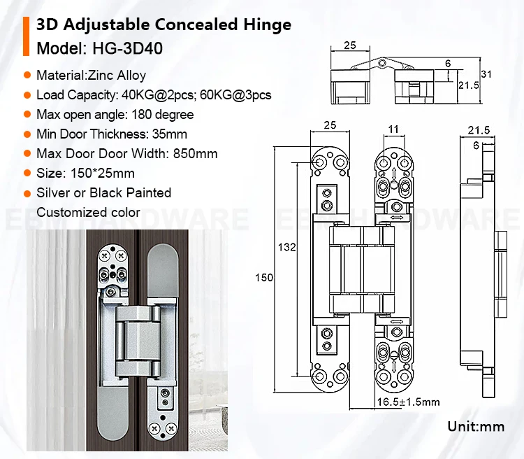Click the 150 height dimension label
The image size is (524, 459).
[263, 278]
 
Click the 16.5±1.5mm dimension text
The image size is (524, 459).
[408, 402]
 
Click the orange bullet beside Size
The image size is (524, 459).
[27, 173]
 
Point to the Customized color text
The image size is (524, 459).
[88, 212]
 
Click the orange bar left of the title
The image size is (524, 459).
[27, 36]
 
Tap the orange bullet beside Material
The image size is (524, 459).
[27, 75]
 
